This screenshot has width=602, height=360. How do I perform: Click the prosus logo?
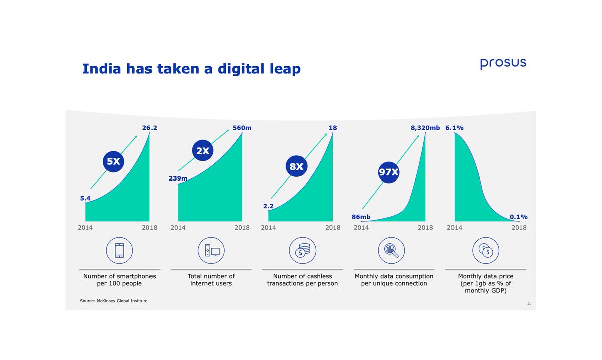pyautogui.click(x=503, y=64)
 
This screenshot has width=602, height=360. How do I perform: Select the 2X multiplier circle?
pyautogui.click(x=203, y=151)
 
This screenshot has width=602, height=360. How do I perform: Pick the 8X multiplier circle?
pyautogui.click(x=296, y=167)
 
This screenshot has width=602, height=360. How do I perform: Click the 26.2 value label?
pyautogui.click(x=149, y=128)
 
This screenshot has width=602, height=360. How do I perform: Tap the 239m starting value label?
pyautogui.click(x=178, y=178)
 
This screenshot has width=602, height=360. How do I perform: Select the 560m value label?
pyautogui.click(x=242, y=128)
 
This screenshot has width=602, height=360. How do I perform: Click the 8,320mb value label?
pyautogui.click(x=425, y=128)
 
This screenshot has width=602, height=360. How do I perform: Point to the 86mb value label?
pyautogui.click(x=361, y=217)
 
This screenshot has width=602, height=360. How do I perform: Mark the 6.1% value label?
pyautogui.click(x=454, y=128)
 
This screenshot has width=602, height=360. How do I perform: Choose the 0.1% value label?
pyautogui.click(x=518, y=217)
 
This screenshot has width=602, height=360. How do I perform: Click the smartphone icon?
pyautogui.click(x=119, y=250)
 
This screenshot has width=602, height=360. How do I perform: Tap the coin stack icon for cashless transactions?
pyautogui.click(x=303, y=250)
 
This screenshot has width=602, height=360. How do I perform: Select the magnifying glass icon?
pyautogui.click(x=391, y=250)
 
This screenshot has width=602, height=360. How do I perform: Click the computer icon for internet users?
pyautogui.click(x=211, y=250)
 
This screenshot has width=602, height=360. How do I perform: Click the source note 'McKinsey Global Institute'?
pyautogui.click(x=114, y=301)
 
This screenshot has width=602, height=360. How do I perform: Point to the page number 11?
pyautogui.click(x=529, y=304)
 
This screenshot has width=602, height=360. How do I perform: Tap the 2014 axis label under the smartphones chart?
pyautogui.click(x=85, y=228)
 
